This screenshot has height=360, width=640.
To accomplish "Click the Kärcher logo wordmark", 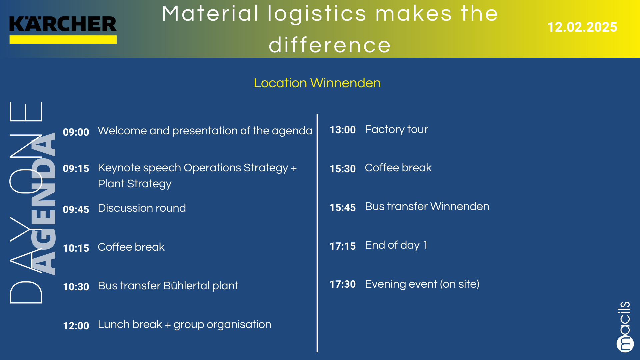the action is (x=63, y=24).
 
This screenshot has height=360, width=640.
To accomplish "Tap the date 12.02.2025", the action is (x=582, y=27).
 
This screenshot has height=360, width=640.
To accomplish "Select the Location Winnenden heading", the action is (x=317, y=83).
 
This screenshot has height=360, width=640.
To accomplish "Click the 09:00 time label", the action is (x=76, y=132).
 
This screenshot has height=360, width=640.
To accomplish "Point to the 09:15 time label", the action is (x=76, y=168).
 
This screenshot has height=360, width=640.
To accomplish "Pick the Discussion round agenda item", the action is (x=142, y=208).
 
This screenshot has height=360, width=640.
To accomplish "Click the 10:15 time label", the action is (x=76, y=248).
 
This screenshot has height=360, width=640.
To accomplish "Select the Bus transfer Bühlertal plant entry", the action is (x=168, y=286).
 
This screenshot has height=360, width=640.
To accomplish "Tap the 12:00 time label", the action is (x=76, y=326).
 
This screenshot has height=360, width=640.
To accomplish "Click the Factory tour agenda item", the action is (x=396, y=129).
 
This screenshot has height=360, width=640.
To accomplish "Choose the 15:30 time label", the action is (x=343, y=169).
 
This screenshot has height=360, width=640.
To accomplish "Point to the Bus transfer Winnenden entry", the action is (x=427, y=206).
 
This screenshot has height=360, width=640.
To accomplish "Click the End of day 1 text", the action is (x=396, y=245).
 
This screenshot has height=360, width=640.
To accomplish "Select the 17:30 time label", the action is (x=343, y=284).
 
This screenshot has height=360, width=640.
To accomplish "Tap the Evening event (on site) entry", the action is (x=422, y=284).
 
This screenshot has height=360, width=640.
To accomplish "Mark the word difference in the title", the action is (x=329, y=45).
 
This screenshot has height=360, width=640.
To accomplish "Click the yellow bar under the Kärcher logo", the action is (x=63, y=40).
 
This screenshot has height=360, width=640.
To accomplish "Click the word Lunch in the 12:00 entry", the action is (x=112, y=324).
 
